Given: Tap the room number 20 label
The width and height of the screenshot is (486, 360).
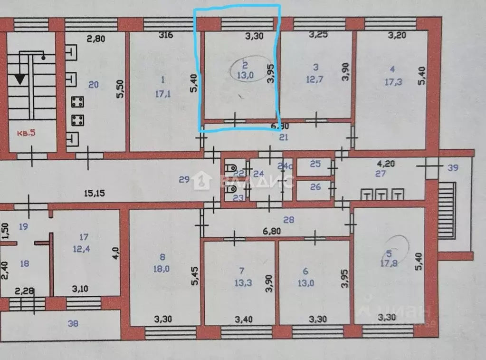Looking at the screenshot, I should (93, 85).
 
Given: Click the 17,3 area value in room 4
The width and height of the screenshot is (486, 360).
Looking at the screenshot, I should (393, 82).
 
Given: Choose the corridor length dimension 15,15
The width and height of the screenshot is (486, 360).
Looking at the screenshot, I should (94, 193).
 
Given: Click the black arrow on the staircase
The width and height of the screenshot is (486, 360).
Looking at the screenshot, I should (20, 78).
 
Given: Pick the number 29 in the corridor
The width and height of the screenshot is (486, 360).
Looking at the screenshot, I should (184, 179).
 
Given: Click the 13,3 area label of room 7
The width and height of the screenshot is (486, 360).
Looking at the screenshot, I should (241, 282).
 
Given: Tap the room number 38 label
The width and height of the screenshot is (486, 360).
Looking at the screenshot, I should (73, 324).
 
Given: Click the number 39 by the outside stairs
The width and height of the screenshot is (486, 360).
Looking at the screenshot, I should (453, 167).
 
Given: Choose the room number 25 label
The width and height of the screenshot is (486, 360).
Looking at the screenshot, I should (315, 164).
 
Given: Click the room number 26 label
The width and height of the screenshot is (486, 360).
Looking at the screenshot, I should (315, 187).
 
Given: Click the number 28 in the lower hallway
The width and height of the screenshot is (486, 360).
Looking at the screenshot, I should (288, 219).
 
